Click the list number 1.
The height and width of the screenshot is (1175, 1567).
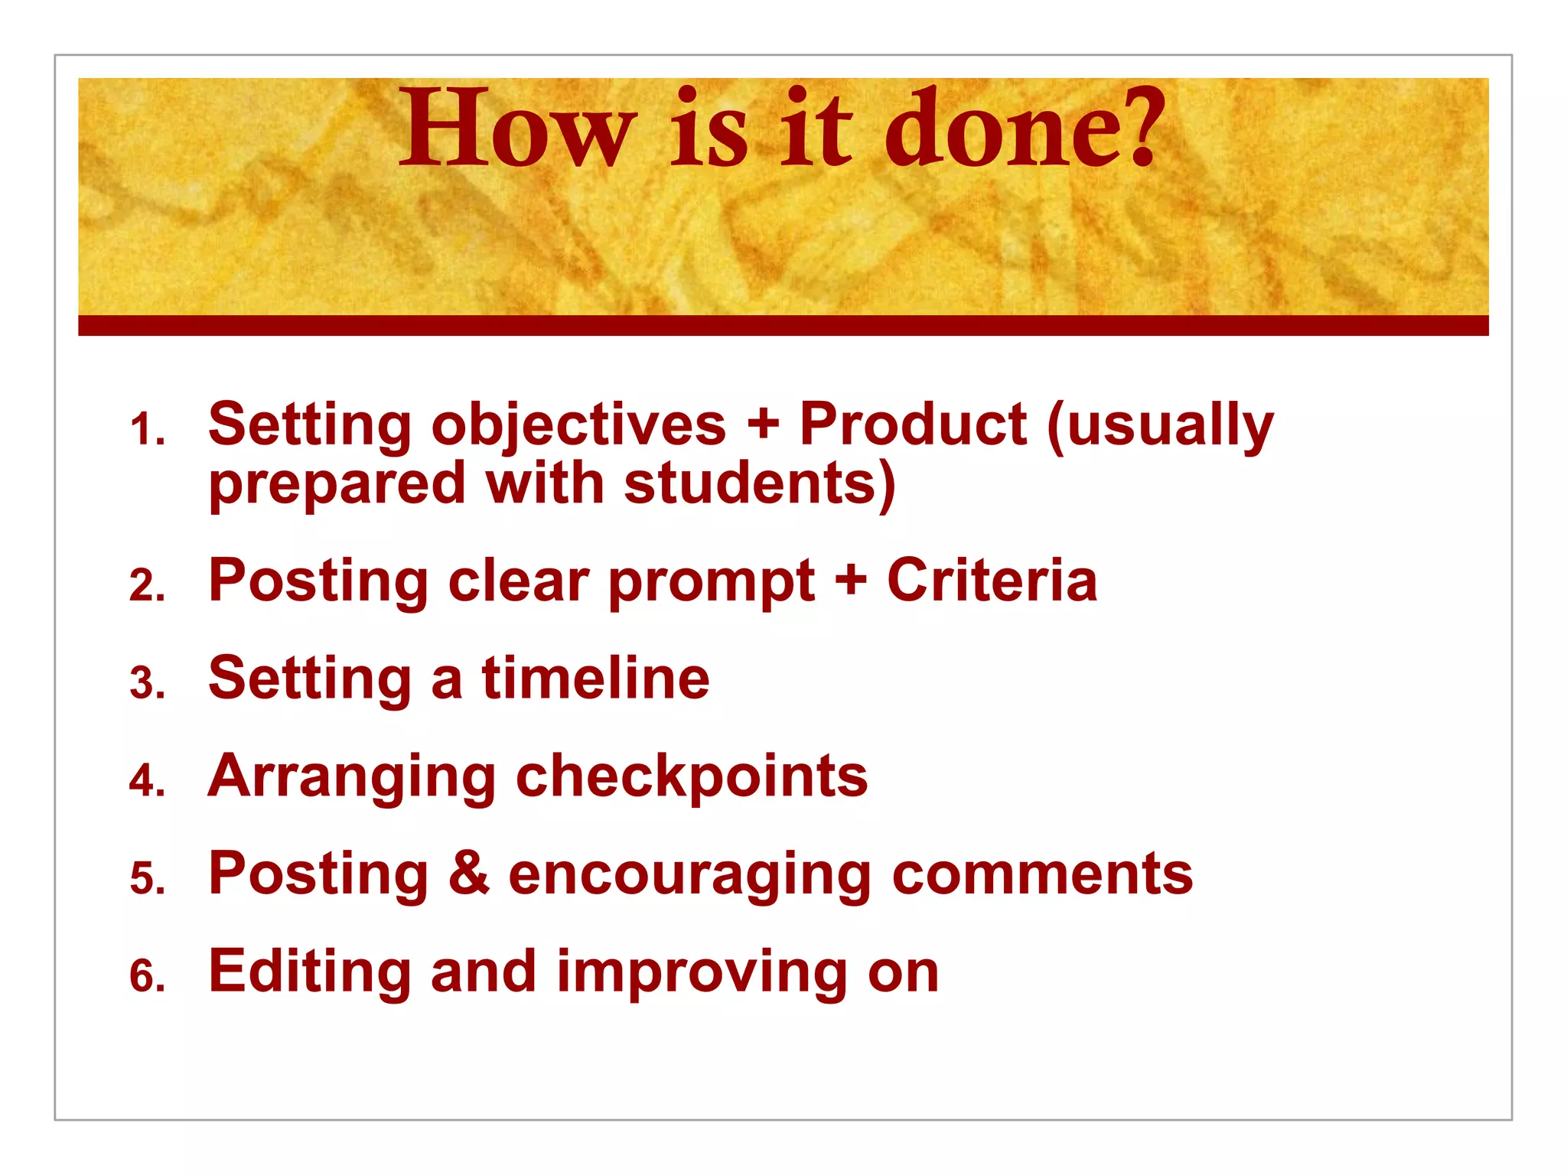[146, 430]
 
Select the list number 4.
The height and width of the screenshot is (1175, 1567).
[146, 782]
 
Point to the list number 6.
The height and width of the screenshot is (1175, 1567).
[146, 977]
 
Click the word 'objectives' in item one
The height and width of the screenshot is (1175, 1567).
[578, 425]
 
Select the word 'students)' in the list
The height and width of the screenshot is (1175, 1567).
[759, 483]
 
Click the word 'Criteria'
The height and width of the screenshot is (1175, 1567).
[992, 581]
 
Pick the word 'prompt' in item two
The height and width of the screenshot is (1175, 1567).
[712, 583]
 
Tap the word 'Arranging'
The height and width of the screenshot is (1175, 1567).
[352, 777]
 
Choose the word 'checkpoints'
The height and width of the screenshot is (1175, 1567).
[692, 777]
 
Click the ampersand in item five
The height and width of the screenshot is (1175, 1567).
[468, 874]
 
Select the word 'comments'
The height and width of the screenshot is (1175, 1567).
[1042, 875]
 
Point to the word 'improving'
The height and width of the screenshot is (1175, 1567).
[702, 973]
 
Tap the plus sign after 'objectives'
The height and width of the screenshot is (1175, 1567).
[762, 425]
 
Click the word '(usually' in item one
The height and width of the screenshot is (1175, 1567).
[1160, 425]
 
